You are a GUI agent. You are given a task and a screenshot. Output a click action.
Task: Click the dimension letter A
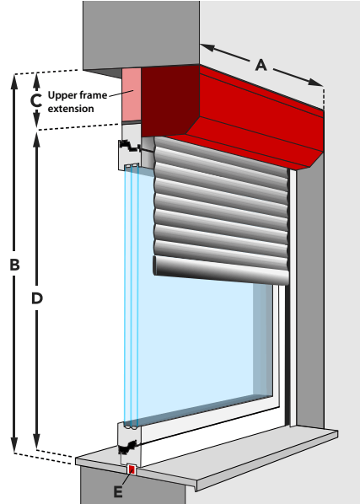point(261,65)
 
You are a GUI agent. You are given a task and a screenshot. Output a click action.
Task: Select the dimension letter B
point(14,265)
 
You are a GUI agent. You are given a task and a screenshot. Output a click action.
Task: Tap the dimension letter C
point(36,100)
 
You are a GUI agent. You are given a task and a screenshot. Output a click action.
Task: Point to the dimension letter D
point(37,298)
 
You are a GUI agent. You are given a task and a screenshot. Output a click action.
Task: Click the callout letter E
point(118,492)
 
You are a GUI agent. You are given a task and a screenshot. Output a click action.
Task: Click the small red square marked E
point(132,469)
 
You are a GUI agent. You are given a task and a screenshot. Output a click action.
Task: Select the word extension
point(71,109)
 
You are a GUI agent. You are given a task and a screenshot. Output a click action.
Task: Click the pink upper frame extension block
point(132,94)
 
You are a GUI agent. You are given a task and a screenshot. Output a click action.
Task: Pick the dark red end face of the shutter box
point(169,100)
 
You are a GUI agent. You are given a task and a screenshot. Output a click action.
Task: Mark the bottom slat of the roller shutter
point(221,271)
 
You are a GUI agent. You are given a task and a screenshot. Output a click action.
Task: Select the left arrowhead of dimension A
point(207,47)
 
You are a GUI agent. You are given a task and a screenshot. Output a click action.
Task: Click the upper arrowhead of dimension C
point(36,79)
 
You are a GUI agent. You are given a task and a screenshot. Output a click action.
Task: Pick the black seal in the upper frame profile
point(129,146)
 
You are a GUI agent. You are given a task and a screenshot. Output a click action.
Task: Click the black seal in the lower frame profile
point(128,447)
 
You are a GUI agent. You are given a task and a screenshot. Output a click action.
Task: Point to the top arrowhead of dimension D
point(36,140)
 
